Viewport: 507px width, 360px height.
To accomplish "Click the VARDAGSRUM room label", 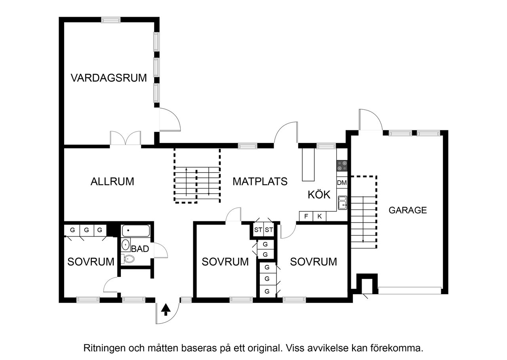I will coord(109,78).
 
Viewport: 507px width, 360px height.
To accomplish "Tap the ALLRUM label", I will coord(112,182).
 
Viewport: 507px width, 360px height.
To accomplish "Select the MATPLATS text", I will coord(260,182).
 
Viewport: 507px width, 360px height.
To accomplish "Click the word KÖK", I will coord(319,194).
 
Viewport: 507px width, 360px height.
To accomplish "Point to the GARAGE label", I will coord(408,210).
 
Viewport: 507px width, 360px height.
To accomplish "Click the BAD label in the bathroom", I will coord(140,249).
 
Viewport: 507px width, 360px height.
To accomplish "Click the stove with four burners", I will coord(342,166).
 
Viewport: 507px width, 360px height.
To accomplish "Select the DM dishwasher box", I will coord(342,183).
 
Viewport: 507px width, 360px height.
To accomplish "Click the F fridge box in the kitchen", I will coord(306,216).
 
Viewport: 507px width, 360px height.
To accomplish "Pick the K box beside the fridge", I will coord(319,216).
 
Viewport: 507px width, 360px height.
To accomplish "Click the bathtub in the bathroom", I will coord(135,230).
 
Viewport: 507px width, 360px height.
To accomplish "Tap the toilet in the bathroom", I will coord(128,259).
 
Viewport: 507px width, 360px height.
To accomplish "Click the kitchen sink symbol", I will coord(342,203).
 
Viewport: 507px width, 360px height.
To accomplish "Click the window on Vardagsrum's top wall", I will coord(111,20).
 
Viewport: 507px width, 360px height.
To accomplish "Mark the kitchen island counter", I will coord(308,165).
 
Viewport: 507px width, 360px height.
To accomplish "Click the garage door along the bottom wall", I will coord(410,290).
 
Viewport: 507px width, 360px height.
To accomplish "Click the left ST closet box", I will coord(258,230).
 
